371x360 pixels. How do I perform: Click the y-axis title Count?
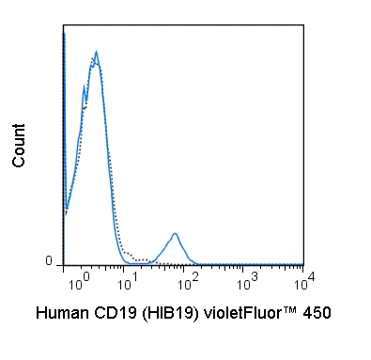[x=19, y=149]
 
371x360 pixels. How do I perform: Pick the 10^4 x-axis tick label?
[x=303, y=280]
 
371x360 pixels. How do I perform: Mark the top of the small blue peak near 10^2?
[x=175, y=232]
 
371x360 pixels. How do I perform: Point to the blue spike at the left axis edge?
[x=63, y=38]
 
